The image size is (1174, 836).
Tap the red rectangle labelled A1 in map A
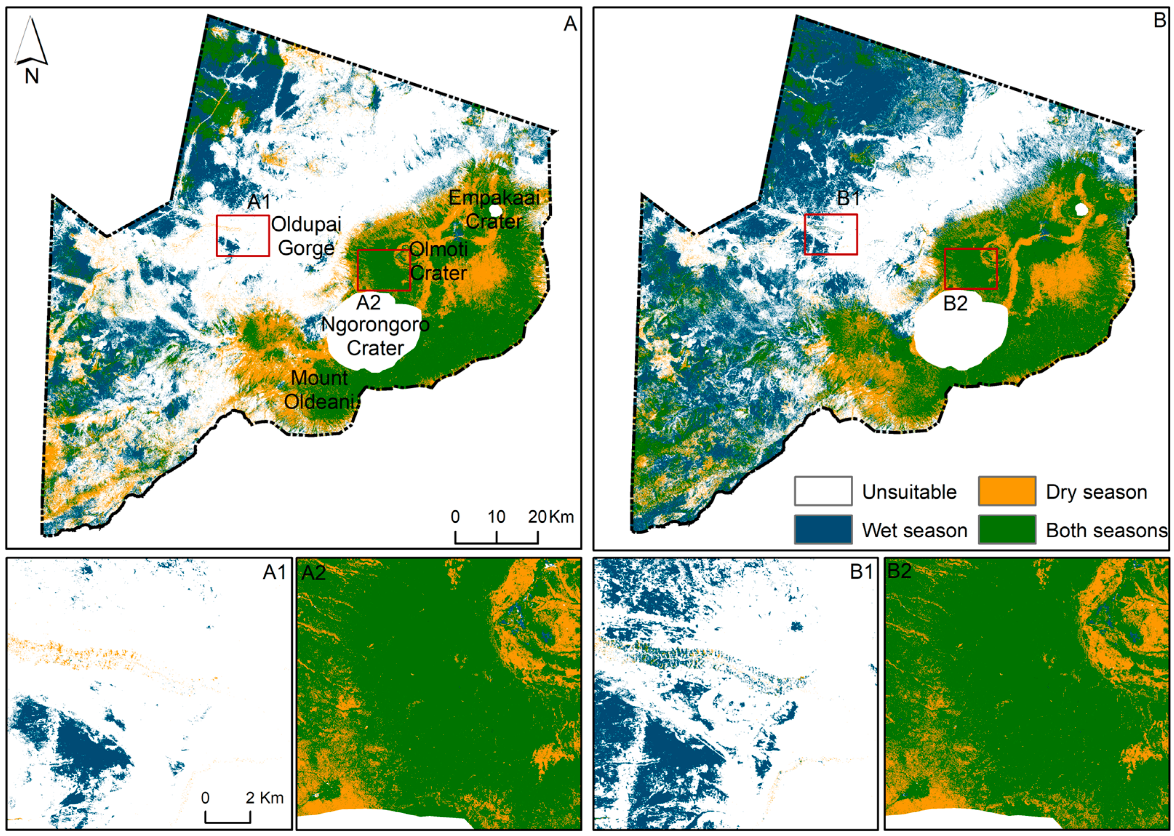[243, 235]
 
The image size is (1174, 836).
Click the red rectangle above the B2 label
[971, 269]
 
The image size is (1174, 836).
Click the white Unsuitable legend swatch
[823, 491]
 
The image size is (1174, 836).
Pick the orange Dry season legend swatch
[1007, 491]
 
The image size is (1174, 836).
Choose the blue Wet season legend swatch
[823, 529]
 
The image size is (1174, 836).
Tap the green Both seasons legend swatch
[1007, 529]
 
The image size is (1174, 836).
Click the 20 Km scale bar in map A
[496, 537]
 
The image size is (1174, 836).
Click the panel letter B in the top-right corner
[1159, 21]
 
